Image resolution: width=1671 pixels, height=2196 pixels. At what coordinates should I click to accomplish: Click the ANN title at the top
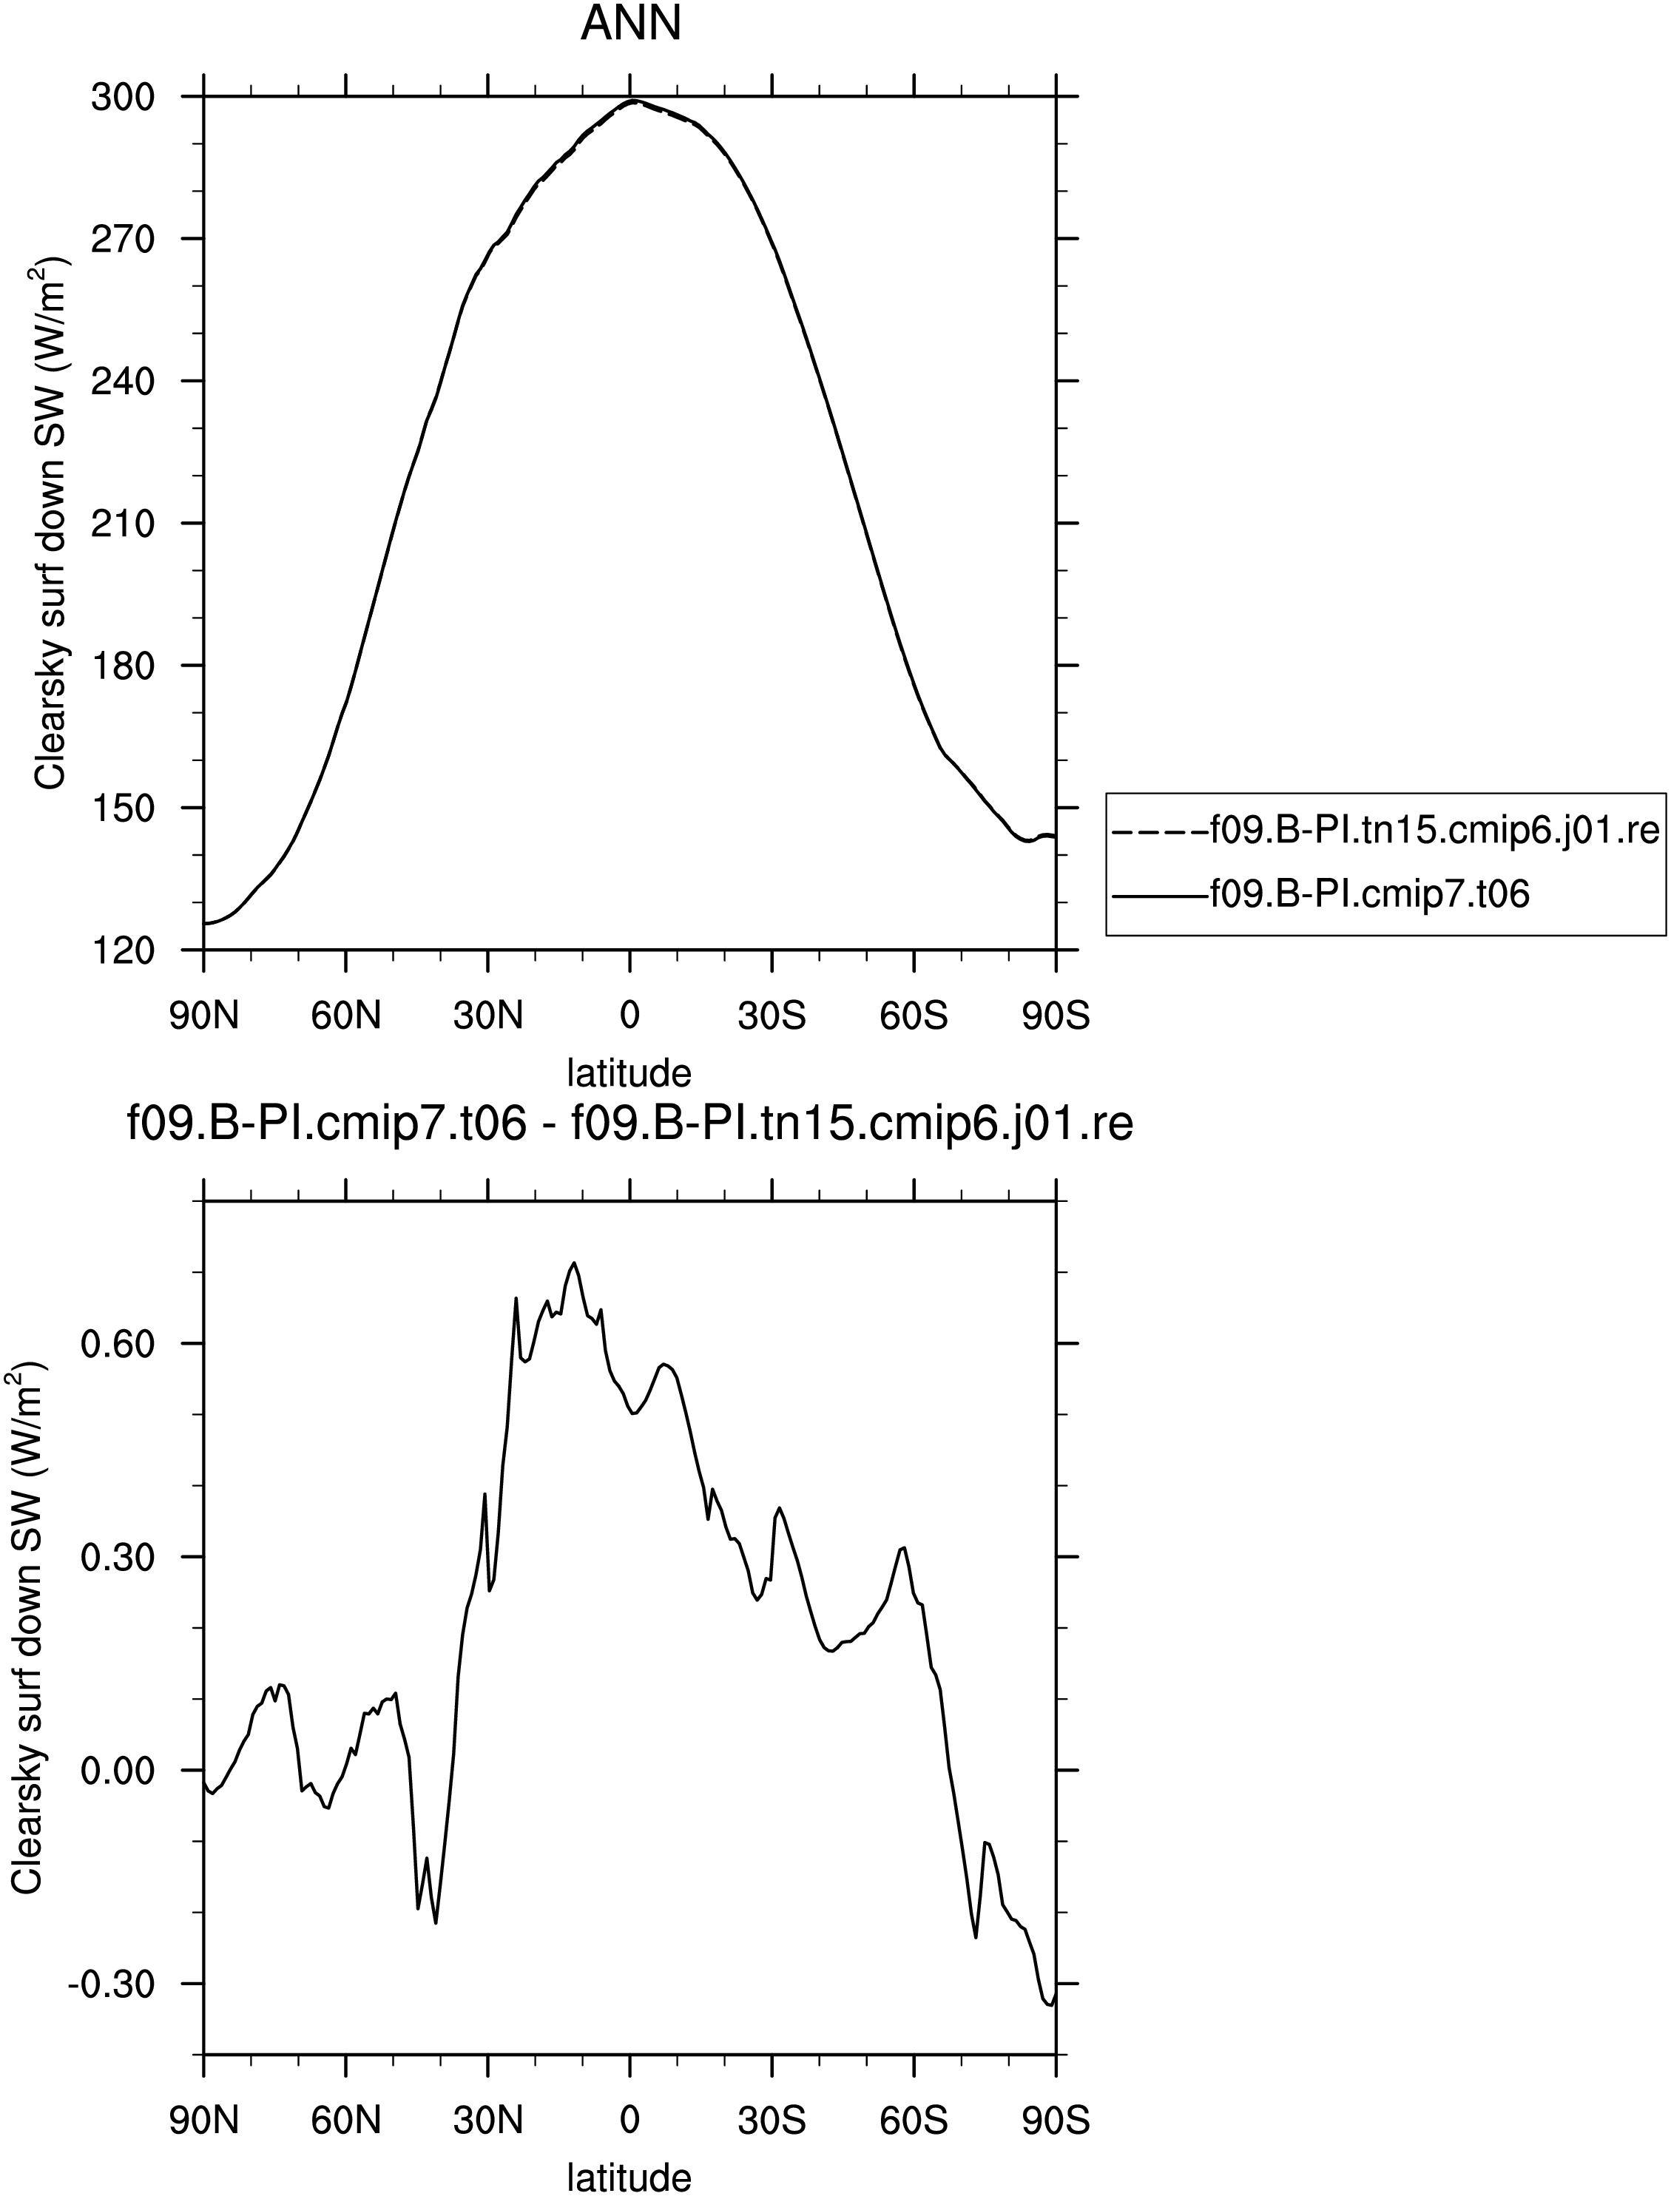(631, 24)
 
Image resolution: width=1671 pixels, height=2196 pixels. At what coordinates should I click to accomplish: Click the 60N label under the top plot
(346, 1016)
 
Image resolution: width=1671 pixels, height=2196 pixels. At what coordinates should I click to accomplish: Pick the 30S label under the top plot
(772, 1016)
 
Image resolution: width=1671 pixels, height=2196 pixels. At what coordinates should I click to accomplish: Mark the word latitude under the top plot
(629, 1073)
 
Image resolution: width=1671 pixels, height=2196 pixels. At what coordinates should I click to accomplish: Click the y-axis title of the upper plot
(50, 523)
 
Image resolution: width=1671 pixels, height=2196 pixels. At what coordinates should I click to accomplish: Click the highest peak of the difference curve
(574, 1263)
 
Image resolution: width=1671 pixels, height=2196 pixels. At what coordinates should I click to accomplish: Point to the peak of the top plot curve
(631, 101)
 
